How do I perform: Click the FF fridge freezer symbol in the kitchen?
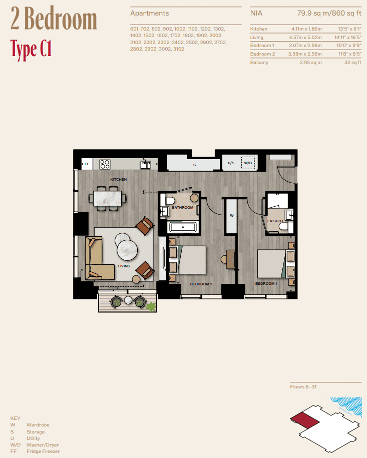tap(87, 164)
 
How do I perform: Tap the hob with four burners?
tap(105, 164)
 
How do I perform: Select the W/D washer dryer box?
tap(248, 163)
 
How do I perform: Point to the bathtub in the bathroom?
tap(184, 227)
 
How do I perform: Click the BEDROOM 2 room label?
tap(201, 284)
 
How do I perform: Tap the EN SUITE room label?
tap(275, 220)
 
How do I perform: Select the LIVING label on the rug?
tap(124, 266)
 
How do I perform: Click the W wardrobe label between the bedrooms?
tap(231, 216)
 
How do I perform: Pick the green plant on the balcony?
tap(150, 306)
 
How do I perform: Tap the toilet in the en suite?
tap(283, 228)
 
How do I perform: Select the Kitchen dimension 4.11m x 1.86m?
tap(305, 29)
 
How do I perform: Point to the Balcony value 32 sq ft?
tap(351, 63)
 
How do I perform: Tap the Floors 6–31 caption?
tap(303, 387)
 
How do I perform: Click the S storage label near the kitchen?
tap(194, 164)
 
